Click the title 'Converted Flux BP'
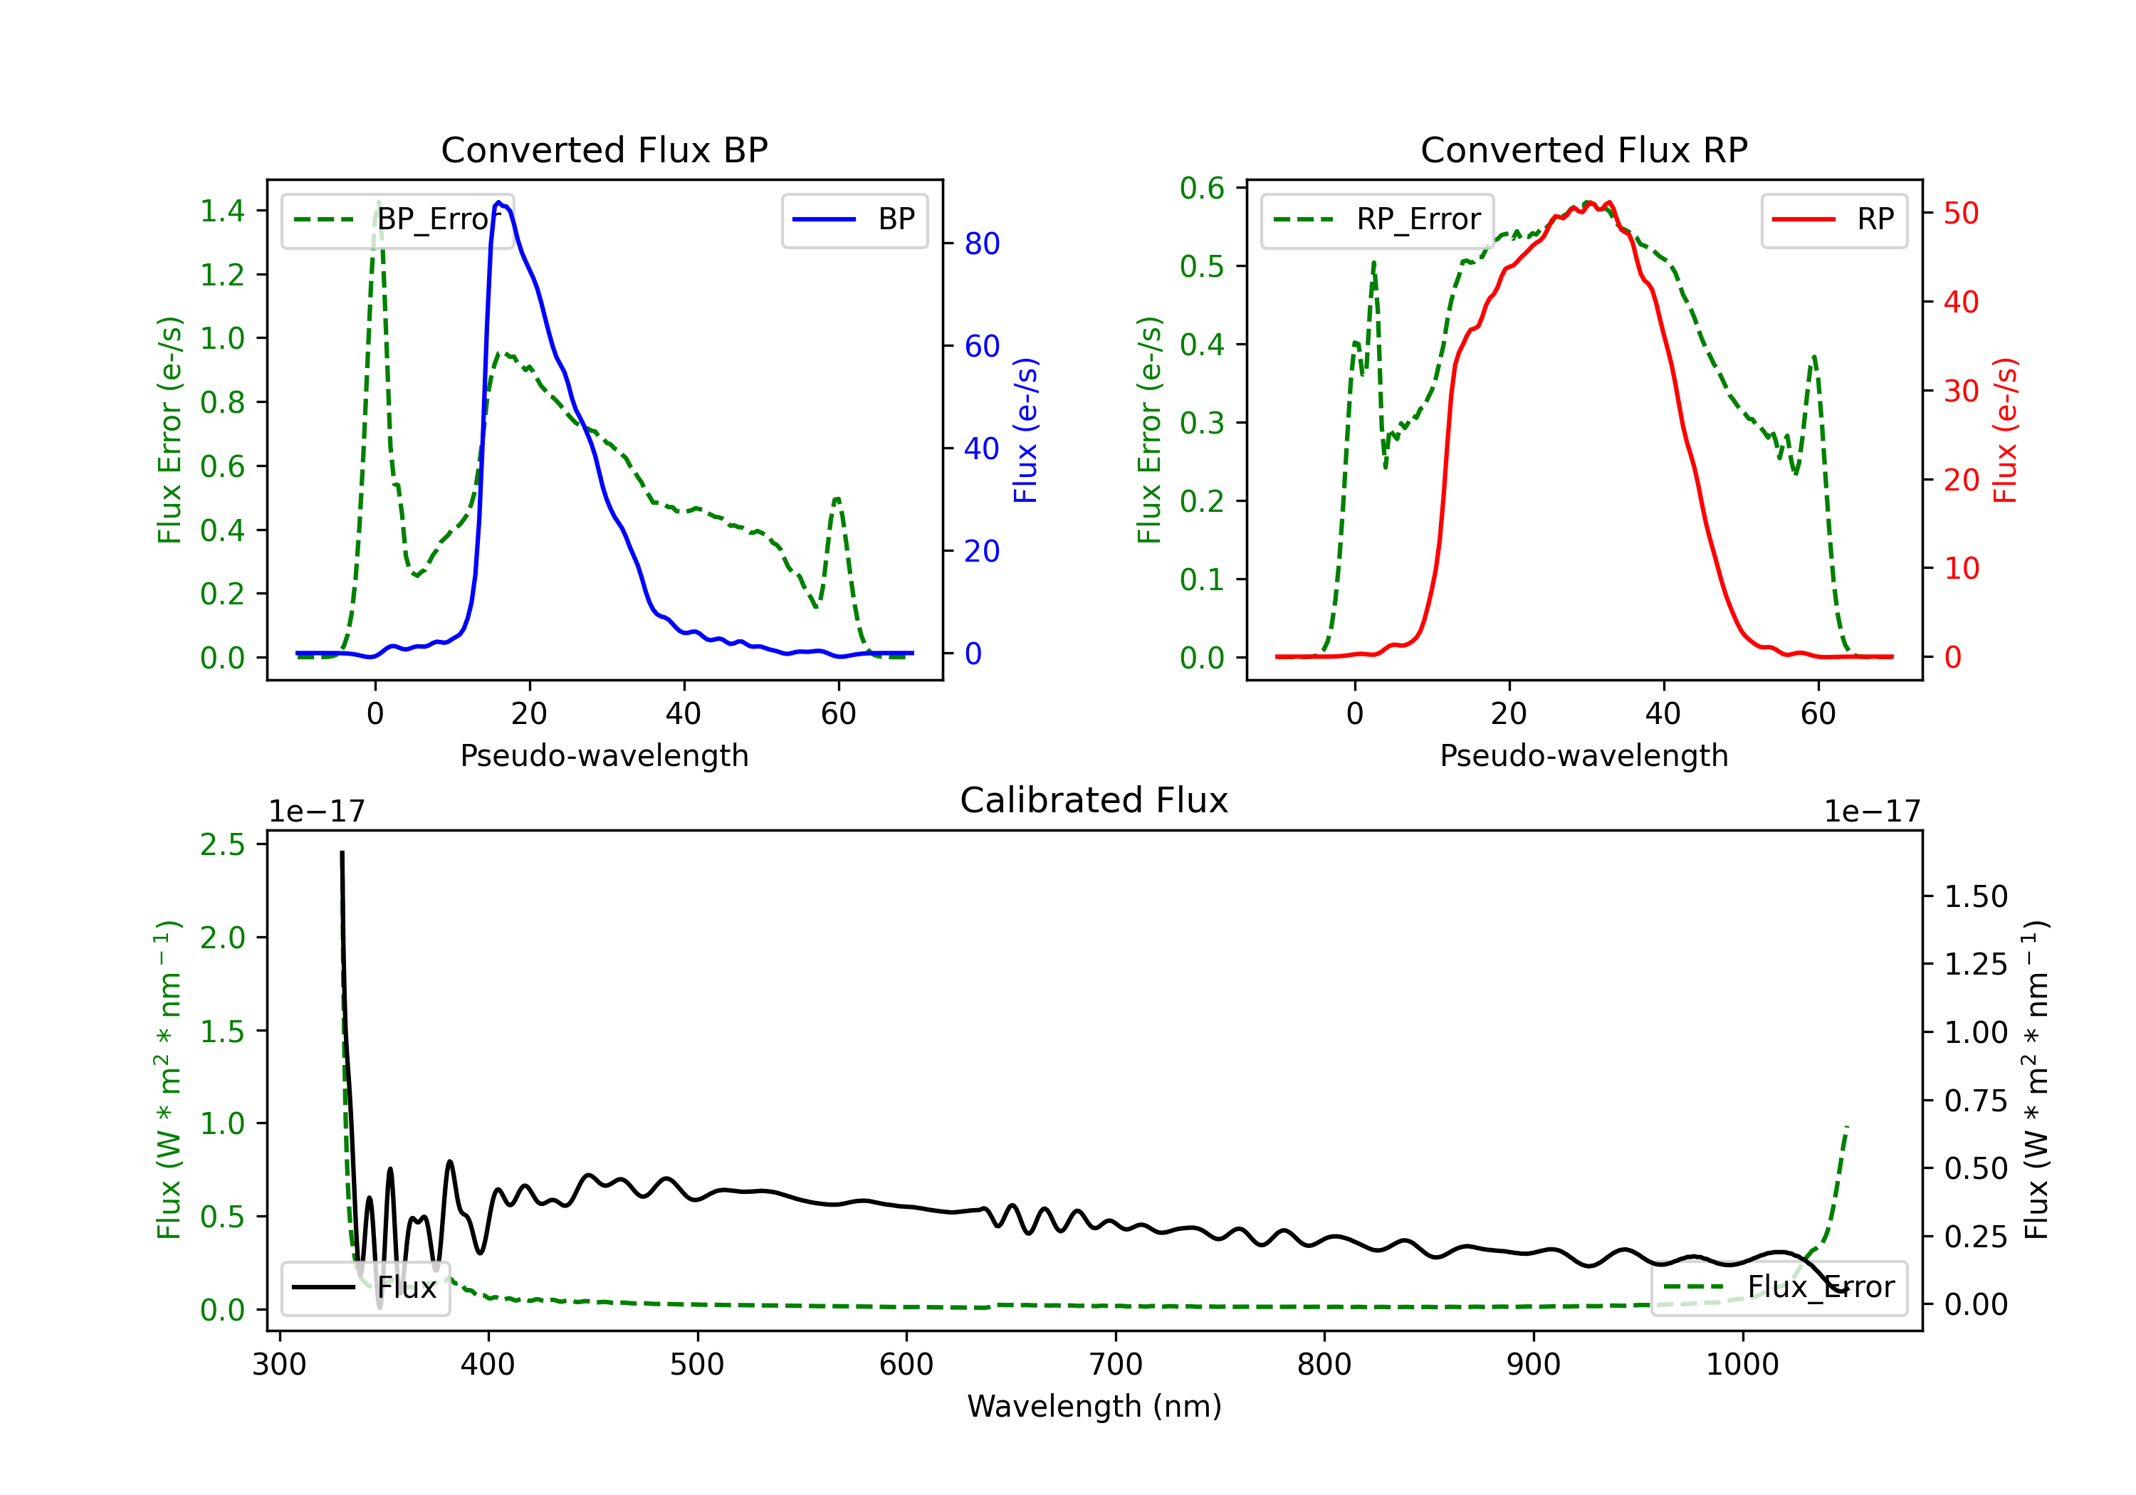pyautogui.click(x=604, y=149)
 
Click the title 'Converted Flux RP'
pyautogui.click(x=1583, y=149)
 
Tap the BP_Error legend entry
pyautogui.click(x=398, y=219)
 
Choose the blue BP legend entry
pyautogui.click(x=854, y=219)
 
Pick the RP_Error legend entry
pyautogui.click(x=1377, y=219)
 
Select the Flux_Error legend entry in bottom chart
pyautogui.click(x=1778, y=1288)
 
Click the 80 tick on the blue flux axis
pyautogui.click(x=981, y=243)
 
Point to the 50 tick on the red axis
pyautogui.click(x=1960, y=213)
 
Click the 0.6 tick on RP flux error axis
pyautogui.click(x=1202, y=188)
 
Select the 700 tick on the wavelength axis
pyautogui.click(x=1116, y=1365)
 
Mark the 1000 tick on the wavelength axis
pyautogui.click(x=1742, y=1365)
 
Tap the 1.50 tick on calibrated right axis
pyautogui.click(x=1976, y=897)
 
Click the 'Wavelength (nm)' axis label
pyautogui.click(x=1094, y=1406)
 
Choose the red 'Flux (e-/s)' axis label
pyautogui.click(x=2005, y=430)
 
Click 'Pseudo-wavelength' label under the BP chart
pyautogui.click(x=604, y=755)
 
